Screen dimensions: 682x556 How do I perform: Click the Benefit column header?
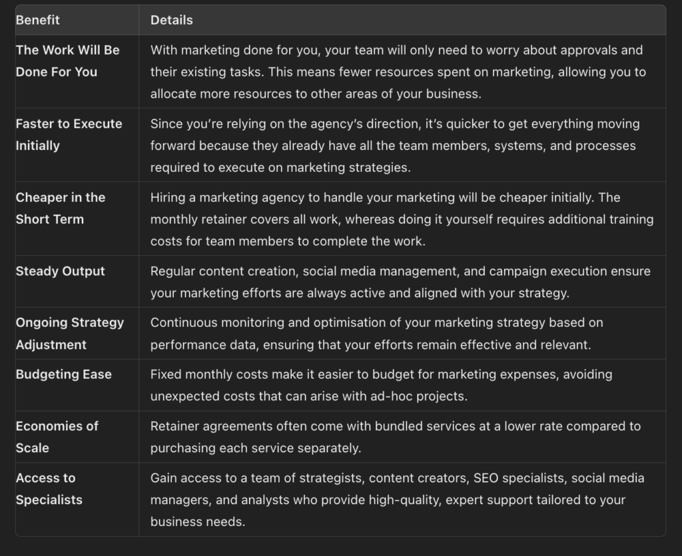(38, 20)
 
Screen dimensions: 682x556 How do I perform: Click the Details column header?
(171, 20)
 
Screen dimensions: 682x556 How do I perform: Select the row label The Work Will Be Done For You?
(67, 61)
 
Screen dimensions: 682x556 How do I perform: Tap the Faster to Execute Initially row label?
(69, 135)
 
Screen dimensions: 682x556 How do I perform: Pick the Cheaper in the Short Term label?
(61, 208)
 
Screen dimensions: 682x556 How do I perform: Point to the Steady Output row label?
(61, 271)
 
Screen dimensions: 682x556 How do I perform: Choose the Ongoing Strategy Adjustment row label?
(69, 334)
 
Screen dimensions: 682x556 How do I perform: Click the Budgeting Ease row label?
(64, 374)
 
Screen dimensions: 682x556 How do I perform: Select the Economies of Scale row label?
(57, 437)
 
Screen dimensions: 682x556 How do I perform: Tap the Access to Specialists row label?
(49, 489)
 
